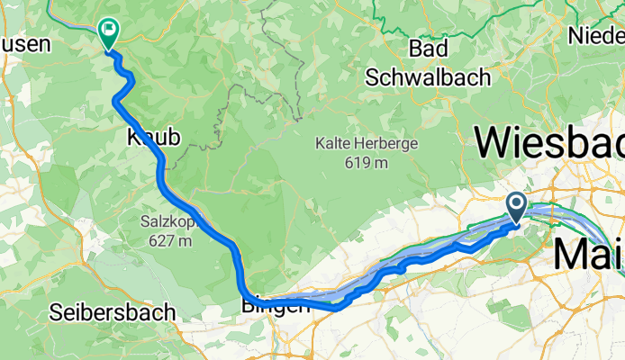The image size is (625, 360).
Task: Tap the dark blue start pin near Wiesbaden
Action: [x=517, y=207]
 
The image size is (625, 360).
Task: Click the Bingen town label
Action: [x=276, y=306]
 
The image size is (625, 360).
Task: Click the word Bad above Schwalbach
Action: [x=429, y=48]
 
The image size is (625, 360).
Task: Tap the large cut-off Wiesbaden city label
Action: [x=550, y=143]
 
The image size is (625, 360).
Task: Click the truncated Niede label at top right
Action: [x=596, y=36]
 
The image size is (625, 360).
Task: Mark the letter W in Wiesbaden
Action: [x=496, y=143]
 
